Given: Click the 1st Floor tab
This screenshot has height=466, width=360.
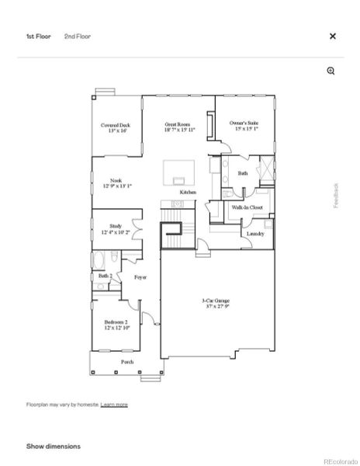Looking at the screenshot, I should [x=38, y=36].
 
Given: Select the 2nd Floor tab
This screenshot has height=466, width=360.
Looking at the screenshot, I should [x=77, y=36].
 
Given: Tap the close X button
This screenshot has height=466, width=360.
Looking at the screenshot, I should [x=333, y=36].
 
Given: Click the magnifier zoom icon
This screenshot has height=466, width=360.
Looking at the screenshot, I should [x=331, y=71].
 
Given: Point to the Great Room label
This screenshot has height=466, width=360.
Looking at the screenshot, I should [x=178, y=127].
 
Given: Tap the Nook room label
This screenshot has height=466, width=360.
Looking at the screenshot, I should [x=116, y=183].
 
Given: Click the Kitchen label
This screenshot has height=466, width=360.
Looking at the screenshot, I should [x=188, y=192].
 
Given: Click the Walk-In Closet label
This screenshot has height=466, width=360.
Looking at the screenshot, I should [x=247, y=207].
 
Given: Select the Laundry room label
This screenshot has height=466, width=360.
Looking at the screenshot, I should [x=255, y=234].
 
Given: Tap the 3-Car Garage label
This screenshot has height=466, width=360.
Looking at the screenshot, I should [x=216, y=303].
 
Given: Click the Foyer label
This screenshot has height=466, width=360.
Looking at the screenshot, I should [x=140, y=276].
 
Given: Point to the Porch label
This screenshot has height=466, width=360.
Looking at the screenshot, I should [x=126, y=362].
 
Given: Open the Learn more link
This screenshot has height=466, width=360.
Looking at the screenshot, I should [x=114, y=405].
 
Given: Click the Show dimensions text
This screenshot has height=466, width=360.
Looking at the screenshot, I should [x=54, y=446].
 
